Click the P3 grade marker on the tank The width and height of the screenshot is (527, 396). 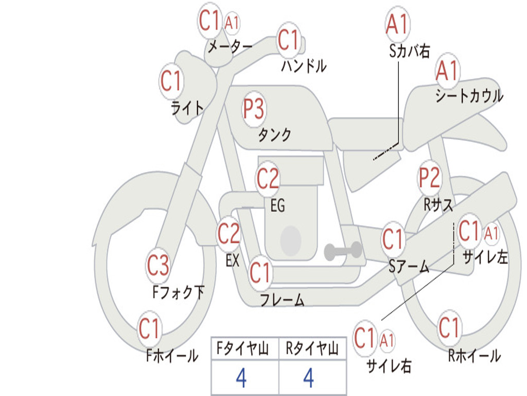[254, 109]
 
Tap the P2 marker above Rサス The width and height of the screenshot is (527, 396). [429, 177]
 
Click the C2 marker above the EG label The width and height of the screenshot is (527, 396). [268, 178]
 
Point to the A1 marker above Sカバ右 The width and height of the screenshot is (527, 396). [398, 24]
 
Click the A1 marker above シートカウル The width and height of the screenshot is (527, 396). [447, 71]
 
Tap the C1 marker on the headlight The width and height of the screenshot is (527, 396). [171, 81]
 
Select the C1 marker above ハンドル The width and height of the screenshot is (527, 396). [288, 40]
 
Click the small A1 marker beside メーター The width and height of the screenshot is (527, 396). [232, 23]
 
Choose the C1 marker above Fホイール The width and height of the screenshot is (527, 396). [149, 328]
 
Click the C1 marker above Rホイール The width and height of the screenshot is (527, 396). [449, 327]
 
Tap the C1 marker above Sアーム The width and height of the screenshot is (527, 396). [393, 239]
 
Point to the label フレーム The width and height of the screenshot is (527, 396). [282, 300]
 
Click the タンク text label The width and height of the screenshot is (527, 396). [274, 135]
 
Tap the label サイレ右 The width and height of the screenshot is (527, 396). [389, 366]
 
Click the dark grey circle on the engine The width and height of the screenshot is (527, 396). [291, 240]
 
